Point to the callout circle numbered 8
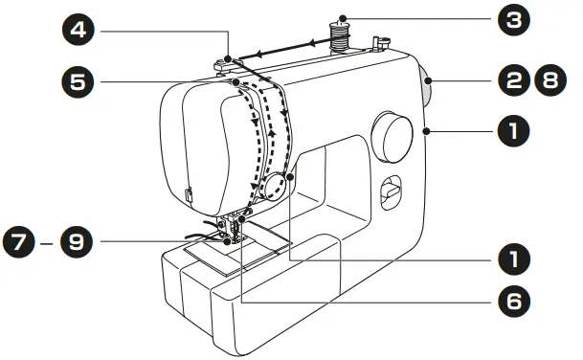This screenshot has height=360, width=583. click(x=548, y=82)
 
